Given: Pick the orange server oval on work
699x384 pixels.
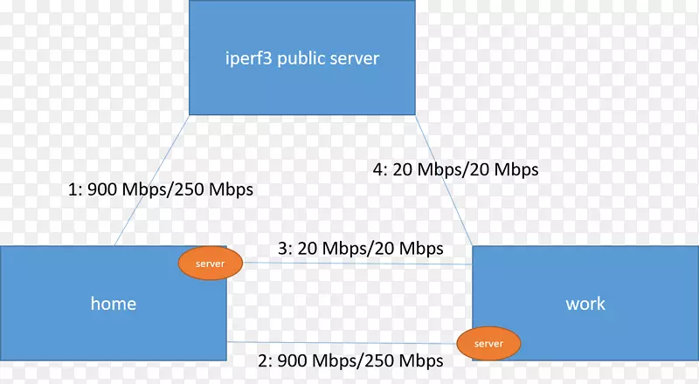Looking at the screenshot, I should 489,344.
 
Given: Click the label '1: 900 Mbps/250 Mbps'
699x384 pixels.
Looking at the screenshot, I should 161,189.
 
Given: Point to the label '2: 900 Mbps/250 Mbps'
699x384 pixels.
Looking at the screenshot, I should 349,360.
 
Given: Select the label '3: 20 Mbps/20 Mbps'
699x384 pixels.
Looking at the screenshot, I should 361,248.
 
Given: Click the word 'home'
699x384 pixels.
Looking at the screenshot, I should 114,304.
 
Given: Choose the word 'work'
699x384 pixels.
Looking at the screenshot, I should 585,304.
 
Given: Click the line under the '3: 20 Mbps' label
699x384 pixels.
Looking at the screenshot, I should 349,264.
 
